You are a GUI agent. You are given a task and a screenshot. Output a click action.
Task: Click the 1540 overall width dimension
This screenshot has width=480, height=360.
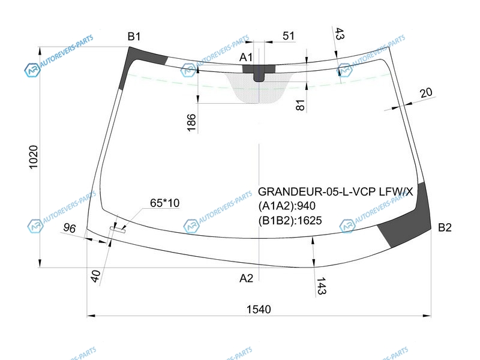click(259, 309)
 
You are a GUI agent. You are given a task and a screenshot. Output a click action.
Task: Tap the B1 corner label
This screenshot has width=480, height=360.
click(134, 37)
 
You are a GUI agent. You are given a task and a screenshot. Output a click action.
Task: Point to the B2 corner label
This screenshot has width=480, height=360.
click(445, 227)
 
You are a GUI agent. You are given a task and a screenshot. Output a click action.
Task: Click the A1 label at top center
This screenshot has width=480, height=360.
click(247, 58)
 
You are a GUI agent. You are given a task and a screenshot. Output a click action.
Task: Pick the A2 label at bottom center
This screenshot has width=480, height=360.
click(247, 278)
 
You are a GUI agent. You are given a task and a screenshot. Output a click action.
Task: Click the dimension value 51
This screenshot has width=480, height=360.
click(289, 37)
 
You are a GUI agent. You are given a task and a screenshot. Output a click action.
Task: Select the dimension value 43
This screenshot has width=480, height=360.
click(339, 34)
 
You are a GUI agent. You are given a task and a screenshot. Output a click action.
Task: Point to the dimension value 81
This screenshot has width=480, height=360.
click(301, 105)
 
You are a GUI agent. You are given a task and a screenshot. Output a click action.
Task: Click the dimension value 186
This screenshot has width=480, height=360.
click(191, 122)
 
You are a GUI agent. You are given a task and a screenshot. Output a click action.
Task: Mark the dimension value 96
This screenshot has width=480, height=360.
click(70, 229)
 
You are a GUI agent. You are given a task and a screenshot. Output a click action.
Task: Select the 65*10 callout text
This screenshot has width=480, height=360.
click(164, 203)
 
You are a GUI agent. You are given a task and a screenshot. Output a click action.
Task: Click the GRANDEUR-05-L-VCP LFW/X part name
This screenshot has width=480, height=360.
click(336, 192)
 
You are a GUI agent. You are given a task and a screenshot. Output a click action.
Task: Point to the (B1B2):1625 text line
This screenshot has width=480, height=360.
click(290, 221)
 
